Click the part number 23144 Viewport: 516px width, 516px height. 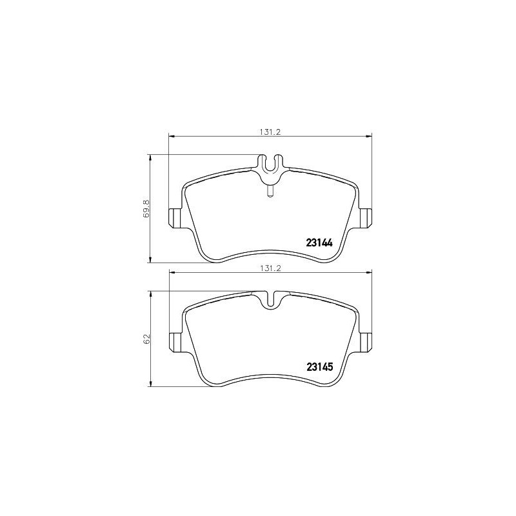click(318, 244)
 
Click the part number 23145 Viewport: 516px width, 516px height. click(318, 368)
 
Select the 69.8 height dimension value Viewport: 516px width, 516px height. click(146, 208)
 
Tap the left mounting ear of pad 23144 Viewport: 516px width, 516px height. click(175, 218)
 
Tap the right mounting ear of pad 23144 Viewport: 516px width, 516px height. click(366, 218)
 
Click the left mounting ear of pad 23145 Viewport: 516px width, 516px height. click(175, 341)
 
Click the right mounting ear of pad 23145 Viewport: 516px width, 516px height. click(366, 341)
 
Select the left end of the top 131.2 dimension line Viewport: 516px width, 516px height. click(170, 135)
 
